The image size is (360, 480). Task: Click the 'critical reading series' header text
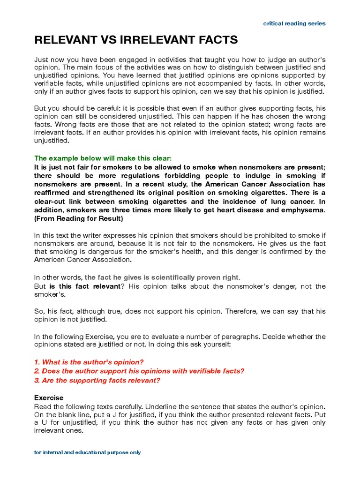coord(294,23)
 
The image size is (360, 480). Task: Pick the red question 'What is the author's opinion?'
coord(89,362)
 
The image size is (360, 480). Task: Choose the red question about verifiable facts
coord(139,371)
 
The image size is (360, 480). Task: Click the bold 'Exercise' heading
coord(49,398)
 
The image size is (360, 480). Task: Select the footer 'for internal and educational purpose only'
coord(88,452)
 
